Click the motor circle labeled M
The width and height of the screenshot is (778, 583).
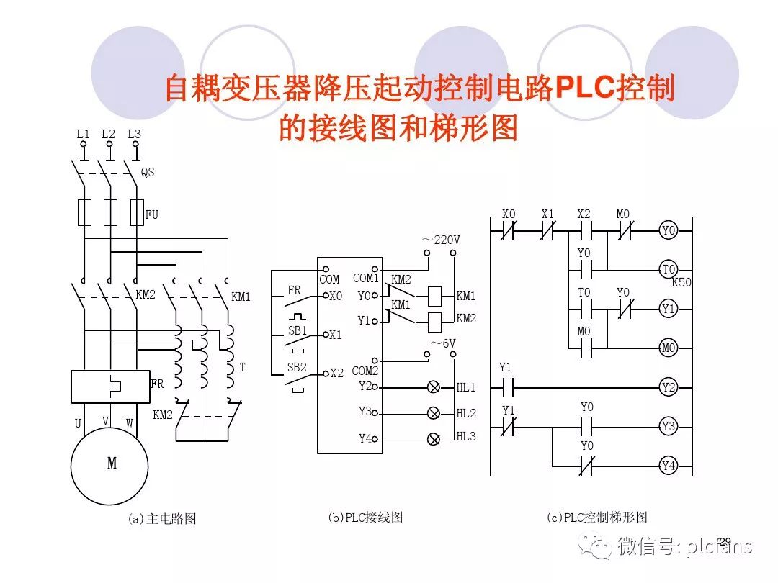tap(110, 464)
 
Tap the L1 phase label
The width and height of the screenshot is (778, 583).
tap(84, 134)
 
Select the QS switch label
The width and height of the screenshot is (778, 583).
tap(148, 173)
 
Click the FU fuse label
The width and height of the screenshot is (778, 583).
tap(152, 214)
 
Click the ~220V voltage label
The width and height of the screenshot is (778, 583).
tap(441, 239)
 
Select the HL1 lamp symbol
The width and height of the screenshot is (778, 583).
tap(434, 387)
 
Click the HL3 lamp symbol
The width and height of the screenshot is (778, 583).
tap(434, 438)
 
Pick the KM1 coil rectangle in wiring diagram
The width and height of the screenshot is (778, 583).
tap(434, 295)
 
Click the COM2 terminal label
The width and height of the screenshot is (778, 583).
tap(365, 371)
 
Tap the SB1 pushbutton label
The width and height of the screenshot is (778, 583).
tap(297, 330)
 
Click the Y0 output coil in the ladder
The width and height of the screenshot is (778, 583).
tap(669, 231)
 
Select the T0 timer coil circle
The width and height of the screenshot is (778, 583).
tap(669, 270)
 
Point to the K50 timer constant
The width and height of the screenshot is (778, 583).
tap(681, 283)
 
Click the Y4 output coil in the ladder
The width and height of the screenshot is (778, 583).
tap(669, 466)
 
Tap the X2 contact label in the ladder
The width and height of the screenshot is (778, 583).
tap(584, 214)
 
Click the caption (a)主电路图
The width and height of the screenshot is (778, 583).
tap(162, 518)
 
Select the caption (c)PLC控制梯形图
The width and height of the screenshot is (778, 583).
tap(596, 517)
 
